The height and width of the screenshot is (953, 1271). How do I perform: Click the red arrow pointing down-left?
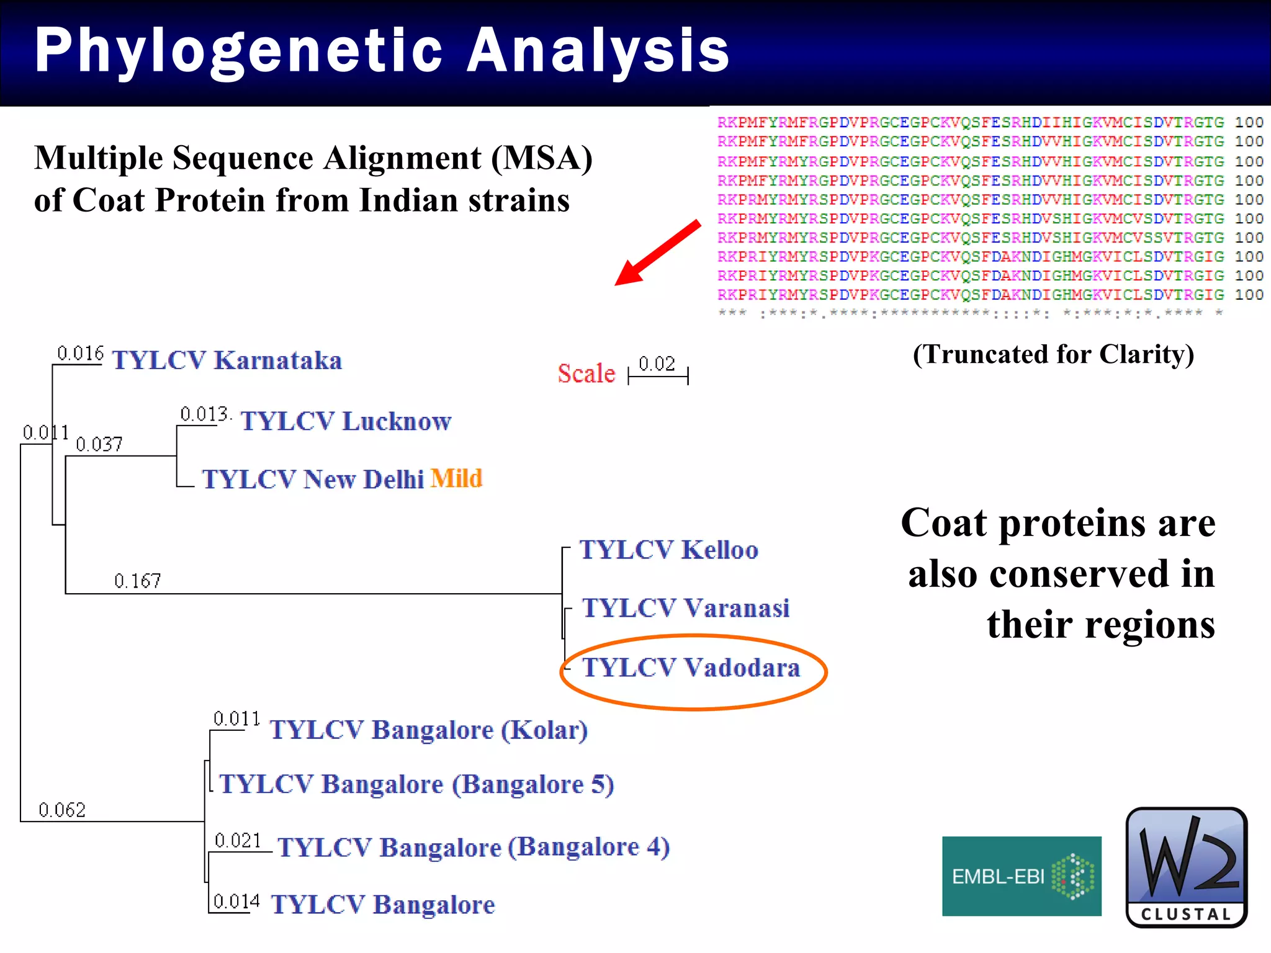pos(658,253)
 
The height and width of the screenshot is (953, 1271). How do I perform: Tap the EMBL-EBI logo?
pos(1022,876)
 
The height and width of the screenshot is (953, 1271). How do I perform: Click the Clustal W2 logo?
pos(1186,867)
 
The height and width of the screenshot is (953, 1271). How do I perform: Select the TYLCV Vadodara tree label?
pos(691,668)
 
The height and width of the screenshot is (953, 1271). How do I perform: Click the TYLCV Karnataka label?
pos(227,360)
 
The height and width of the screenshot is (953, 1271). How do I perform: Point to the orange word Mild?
pos(456,478)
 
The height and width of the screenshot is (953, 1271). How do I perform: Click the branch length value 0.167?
pos(137,581)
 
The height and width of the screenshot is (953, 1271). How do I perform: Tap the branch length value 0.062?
pos(61,810)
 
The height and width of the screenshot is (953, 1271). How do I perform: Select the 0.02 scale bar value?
pos(657,364)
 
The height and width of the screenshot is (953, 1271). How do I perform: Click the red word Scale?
pos(586,374)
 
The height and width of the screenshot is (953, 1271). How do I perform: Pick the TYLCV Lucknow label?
pos(346,421)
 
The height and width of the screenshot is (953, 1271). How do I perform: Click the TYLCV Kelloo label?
pos(669,550)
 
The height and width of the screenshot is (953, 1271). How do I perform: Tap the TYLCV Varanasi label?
pos(686,608)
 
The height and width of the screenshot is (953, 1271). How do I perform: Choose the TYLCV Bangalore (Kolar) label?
pos(428,730)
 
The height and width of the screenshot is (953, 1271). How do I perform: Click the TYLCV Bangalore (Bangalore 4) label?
pos(474,847)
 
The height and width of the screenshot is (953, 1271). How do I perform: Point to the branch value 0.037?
pos(99,444)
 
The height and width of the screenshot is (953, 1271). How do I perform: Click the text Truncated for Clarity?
pos(1053,354)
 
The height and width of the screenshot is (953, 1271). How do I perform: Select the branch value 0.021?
pos(238,841)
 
